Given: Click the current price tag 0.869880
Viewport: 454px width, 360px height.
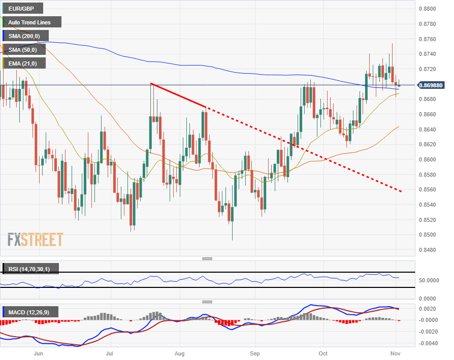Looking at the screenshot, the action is pyautogui.click(x=431, y=85).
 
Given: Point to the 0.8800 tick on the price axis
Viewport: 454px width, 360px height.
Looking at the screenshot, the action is pyautogui.click(x=428, y=9).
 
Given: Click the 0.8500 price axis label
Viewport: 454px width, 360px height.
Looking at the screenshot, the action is pyautogui.click(x=428, y=235).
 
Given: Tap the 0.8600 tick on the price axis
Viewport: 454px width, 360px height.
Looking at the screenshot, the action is pyautogui.click(x=428, y=159).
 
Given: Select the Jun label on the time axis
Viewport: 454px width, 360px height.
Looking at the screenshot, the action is pyautogui.click(x=39, y=353).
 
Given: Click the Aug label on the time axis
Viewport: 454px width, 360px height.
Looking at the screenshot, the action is pyautogui.click(x=179, y=353).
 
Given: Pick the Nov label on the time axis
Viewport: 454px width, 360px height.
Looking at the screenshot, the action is pyautogui.click(x=395, y=353).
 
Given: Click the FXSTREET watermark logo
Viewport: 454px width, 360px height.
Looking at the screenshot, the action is pyautogui.click(x=35, y=240).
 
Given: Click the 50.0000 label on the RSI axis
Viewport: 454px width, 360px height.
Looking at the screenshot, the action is pyautogui.click(x=429, y=280).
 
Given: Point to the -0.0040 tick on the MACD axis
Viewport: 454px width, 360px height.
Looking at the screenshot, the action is pyautogui.click(x=428, y=344).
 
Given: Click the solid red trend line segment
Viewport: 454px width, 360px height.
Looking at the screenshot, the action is pyautogui.click(x=178, y=95).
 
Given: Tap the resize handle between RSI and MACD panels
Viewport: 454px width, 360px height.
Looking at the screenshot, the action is pyautogui.click(x=207, y=302).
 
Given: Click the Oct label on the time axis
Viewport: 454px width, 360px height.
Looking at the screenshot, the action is pyautogui.click(x=323, y=353).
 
